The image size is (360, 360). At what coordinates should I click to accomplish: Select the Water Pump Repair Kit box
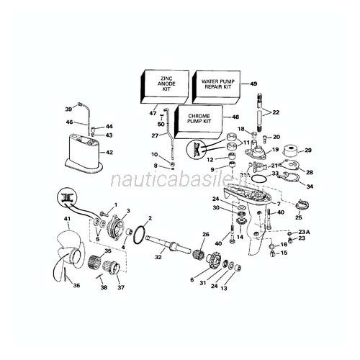(220, 84)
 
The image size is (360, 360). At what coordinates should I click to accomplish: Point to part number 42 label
(109, 153)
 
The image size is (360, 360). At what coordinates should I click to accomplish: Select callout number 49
(253, 85)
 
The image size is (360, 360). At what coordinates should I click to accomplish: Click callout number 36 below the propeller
(76, 286)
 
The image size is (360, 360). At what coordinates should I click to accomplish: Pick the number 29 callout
(308, 150)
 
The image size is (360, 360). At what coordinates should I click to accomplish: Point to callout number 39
(68, 109)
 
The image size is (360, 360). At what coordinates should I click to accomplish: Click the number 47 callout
(153, 114)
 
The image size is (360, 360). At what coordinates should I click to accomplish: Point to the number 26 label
(205, 235)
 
